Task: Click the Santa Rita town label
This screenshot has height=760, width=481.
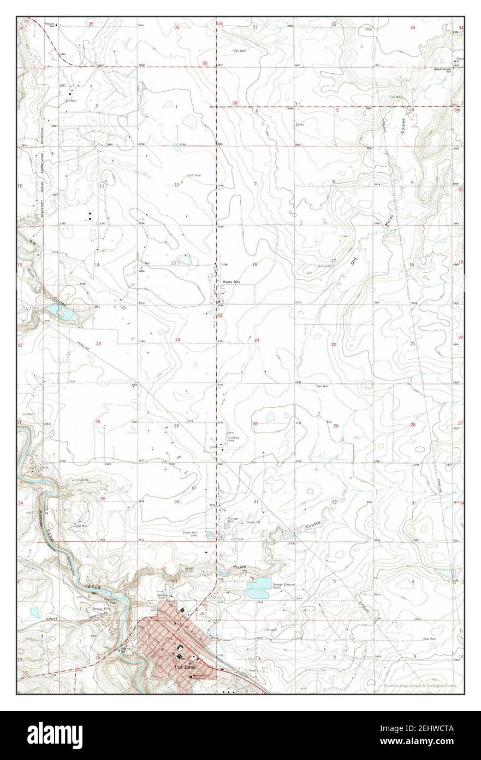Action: (x=231, y=282)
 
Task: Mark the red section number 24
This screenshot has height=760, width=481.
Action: (x=177, y=340)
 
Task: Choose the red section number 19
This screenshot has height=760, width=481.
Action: (x=257, y=341)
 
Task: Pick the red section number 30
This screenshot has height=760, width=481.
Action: (x=255, y=424)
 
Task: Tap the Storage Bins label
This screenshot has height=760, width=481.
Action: (x=234, y=518)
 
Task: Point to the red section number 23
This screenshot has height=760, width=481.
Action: (x=99, y=344)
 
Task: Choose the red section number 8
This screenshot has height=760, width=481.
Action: (x=333, y=182)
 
